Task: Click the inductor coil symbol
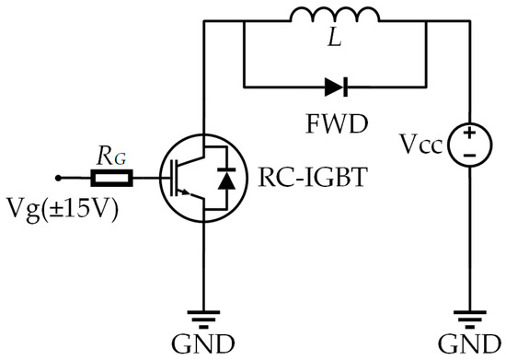pos(334,17)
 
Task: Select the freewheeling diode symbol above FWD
pos(335,88)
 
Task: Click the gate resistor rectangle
pos(119,177)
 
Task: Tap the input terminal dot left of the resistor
pos(58,177)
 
